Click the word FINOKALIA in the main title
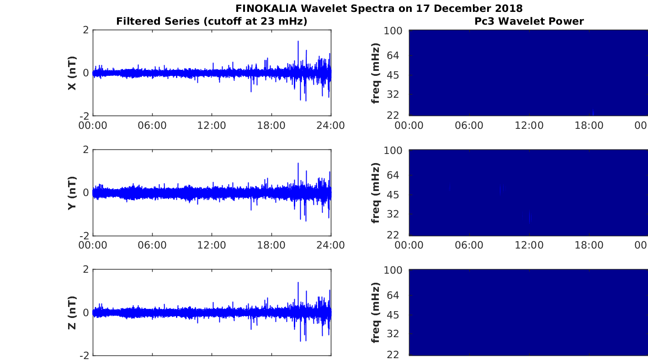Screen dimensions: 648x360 pos(266,9)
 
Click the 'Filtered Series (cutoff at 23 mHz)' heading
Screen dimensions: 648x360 pos(212,21)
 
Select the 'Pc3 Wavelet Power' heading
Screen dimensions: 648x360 pos(529,21)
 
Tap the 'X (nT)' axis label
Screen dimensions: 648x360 pos(72,73)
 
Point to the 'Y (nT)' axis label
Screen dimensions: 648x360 pos(72,193)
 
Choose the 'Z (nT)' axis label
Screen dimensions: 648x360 pos(72,312)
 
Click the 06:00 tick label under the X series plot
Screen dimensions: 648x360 pos(152,126)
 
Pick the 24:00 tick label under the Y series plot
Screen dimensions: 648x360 pos(331,245)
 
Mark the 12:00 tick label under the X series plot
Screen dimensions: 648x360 pos(212,126)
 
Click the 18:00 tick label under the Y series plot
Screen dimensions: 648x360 pos(271,245)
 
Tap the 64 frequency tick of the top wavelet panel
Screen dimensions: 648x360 pos(393,56)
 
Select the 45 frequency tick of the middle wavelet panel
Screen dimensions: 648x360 pos(393,195)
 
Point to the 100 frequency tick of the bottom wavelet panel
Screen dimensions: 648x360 pos(393,270)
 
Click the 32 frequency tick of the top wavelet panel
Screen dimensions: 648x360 pos(393,94)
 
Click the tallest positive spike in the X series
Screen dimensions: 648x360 pos(298,42)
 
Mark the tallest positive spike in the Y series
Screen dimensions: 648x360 pos(298,164)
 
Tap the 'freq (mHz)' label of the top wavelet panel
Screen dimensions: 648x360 pos(375,73)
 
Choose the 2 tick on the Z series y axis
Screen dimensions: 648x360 pos(85,270)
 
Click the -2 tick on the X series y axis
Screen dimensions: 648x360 pos(84,116)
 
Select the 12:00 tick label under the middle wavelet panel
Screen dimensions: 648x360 pos(529,245)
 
